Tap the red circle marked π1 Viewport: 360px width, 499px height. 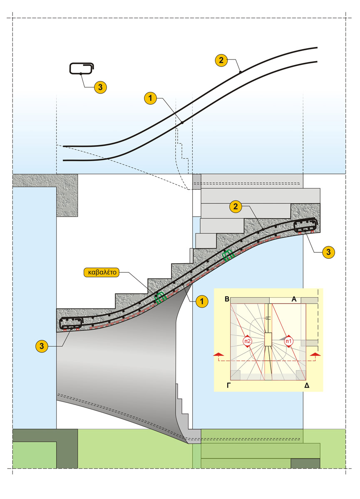[x=288, y=341]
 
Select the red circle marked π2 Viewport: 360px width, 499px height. [x=247, y=341]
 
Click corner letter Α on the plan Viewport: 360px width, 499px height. [x=294, y=299]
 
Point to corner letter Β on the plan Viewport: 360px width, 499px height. [x=227, y=299]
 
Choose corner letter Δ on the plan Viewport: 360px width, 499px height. [x=307, y=385]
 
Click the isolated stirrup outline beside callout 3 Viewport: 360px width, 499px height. [x=82, y=69]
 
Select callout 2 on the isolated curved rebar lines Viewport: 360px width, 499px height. [x=221, y=61]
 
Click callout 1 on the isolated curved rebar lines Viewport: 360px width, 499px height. [x=150, y=99]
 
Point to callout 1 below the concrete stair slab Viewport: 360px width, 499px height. [x=202, y=301]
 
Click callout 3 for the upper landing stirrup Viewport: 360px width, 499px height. [x=328, y=252]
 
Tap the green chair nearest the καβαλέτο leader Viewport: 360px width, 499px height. [x=160, y=296]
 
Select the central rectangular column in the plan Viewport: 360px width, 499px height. [x=268, y=339]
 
